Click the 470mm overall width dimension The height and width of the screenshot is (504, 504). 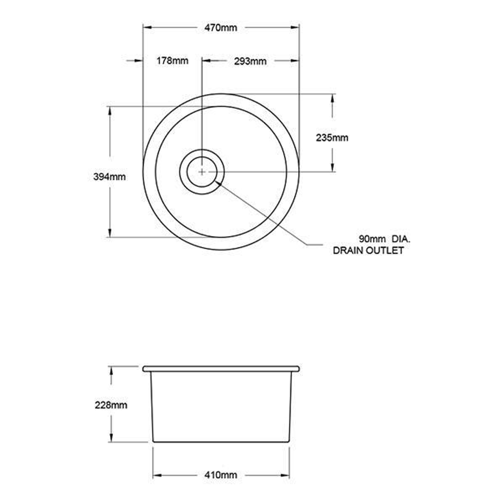(x=221, y=28)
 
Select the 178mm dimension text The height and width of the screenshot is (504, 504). (x=173, y=61)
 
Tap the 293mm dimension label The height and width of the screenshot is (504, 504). (x=250, y=61)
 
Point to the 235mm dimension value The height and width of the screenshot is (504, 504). (x=332, y=138)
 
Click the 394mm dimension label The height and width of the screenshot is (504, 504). (x=110, y=176)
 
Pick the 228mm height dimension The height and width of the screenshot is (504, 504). (x=111, y=405)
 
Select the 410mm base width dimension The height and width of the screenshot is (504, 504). (x=221, y=476)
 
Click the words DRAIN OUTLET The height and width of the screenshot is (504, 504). (x=368, y=251)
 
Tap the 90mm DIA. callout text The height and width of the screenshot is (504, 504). (x=385, y=239)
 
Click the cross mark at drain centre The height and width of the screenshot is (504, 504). (x=202, y=172)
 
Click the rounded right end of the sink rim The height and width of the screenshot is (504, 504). (x=297, y=369)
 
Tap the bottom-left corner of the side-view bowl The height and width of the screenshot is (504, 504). (x=154, y=441)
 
